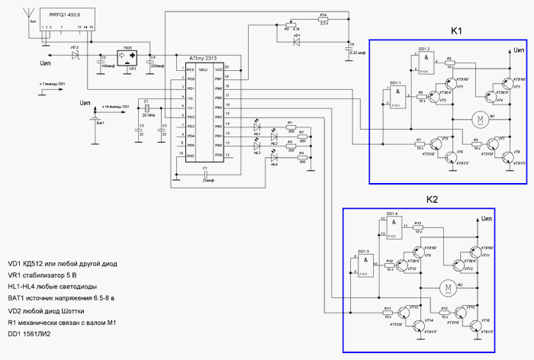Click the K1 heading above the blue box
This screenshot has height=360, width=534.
[455, 31]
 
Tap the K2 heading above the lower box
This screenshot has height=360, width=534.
[431, 201]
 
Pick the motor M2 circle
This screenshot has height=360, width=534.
[449, 286]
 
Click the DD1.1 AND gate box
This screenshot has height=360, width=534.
[399, 93]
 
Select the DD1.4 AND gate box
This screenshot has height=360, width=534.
[394, 226]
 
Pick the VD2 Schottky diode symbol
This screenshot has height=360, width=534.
[75, 53]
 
